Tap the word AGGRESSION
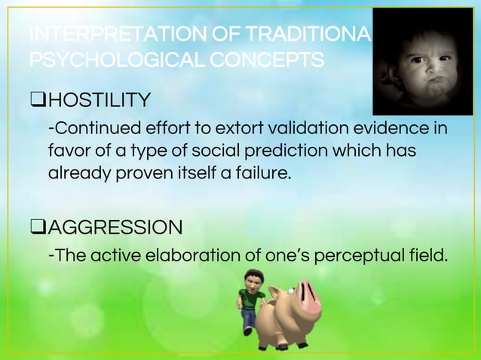pyautogui.click(x=120, y=226)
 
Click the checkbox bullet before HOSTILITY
pyautogui.click(x=36, y=99)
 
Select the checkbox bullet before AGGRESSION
pyautogui.click(x=36, y=226)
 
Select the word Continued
pyautogui.click(x=90, y=127)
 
